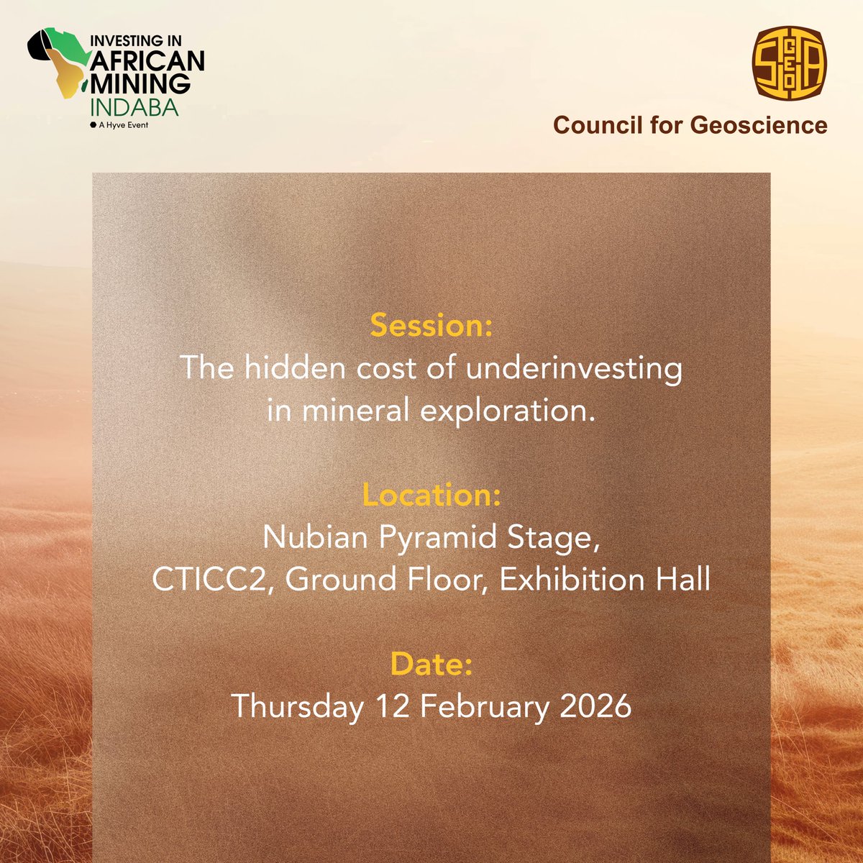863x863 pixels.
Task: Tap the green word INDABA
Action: tap(134, 107)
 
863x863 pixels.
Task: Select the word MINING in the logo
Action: tap(140, 83)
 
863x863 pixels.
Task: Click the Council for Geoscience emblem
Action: tap(789, 63)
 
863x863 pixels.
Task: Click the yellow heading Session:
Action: tap(431, 326)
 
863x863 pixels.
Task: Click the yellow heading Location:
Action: tap(431, 496)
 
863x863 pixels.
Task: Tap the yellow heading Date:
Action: tap(431, 665)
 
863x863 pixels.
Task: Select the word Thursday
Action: tap(297, 707)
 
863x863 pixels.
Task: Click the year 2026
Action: tap(595, 707)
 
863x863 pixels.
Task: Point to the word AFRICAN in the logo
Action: tap(147, 60)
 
